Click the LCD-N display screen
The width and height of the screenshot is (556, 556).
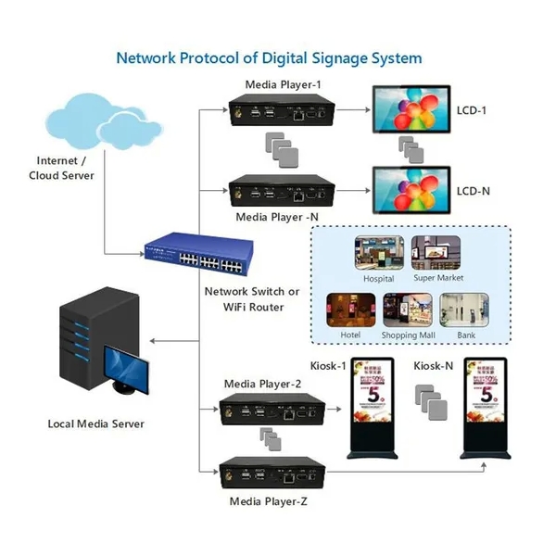pos(407,191)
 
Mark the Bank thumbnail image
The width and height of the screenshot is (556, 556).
pos(462,310)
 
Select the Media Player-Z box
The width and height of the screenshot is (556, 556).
pos(273,474)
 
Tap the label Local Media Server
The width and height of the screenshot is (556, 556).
pos(95,424)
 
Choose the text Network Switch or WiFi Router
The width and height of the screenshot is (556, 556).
pos(252,298)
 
